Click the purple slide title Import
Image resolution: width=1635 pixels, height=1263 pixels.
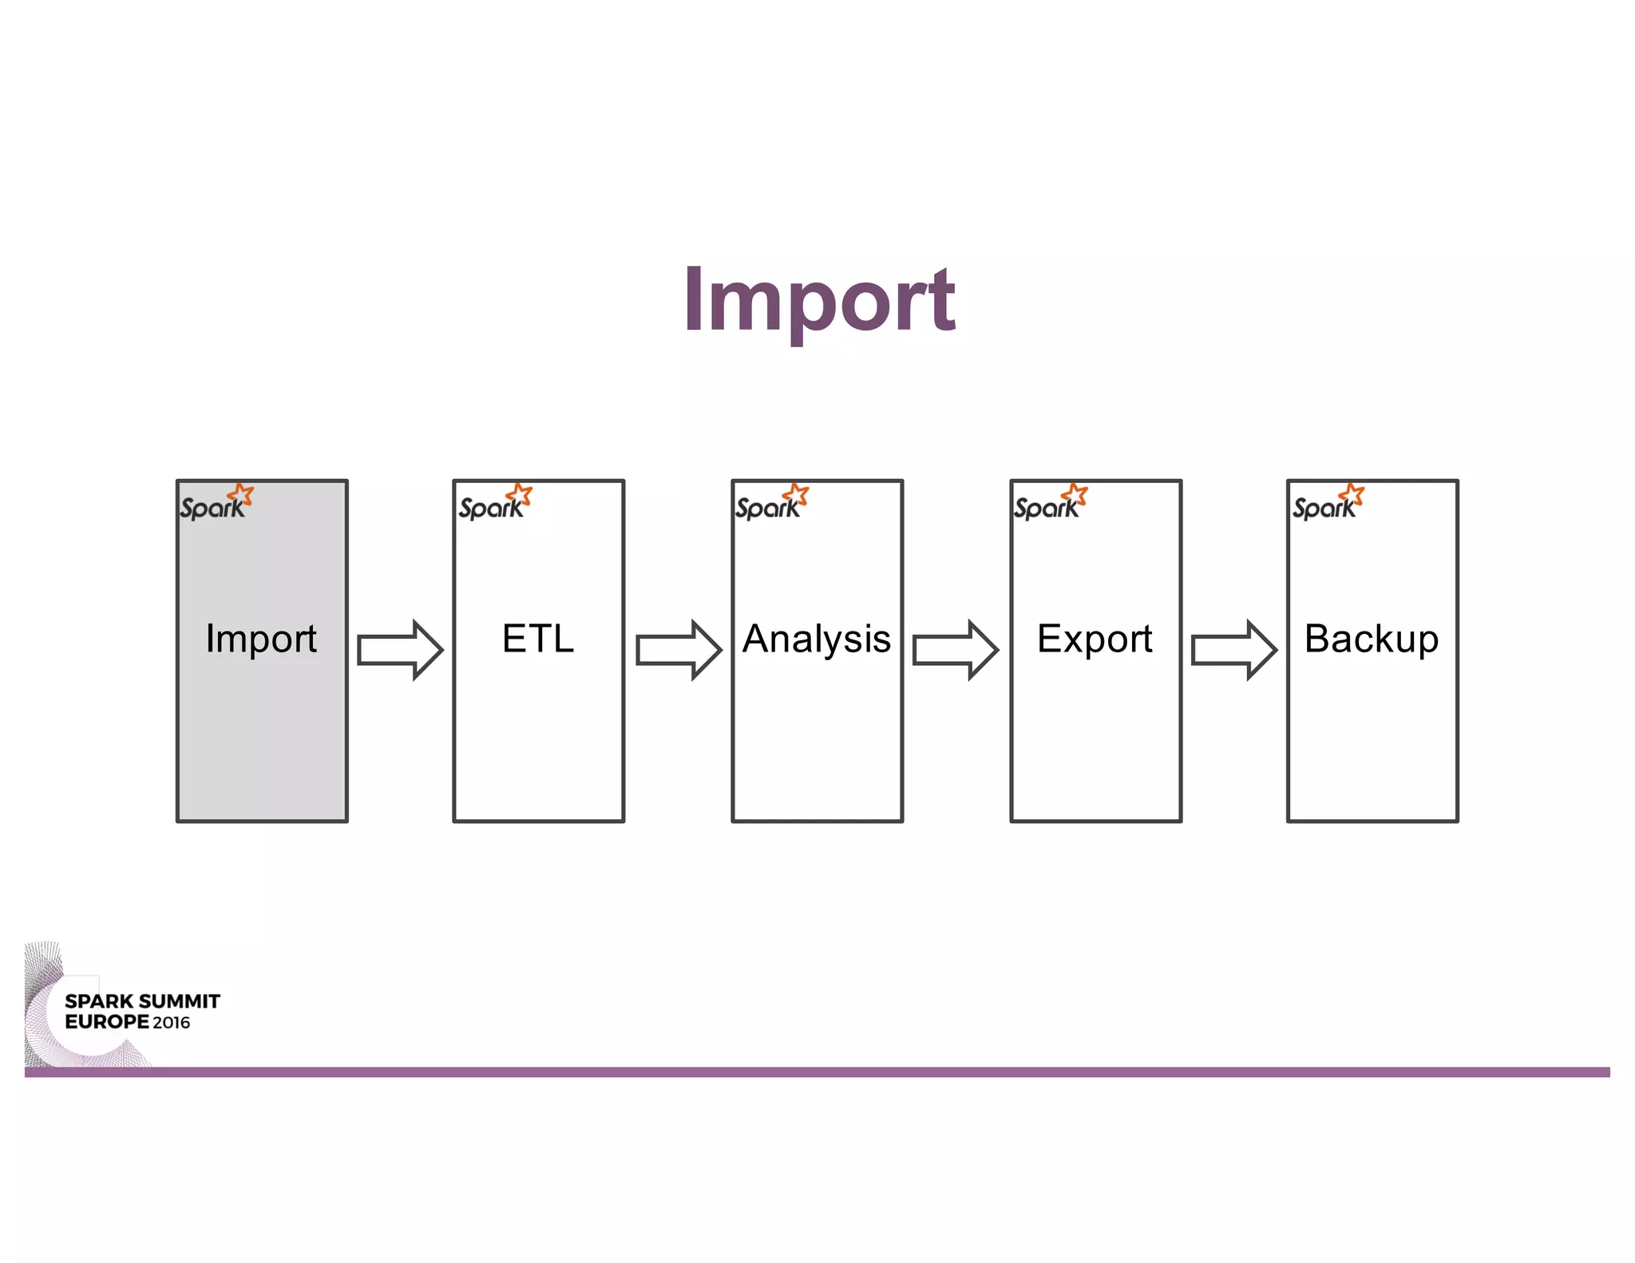[819, 300]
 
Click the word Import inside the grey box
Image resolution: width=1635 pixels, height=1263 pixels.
[261, 639]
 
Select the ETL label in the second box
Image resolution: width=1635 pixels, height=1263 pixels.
[538, 639]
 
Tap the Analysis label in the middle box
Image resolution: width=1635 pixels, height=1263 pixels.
[816, 639]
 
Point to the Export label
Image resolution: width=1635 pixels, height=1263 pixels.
[1095, 639]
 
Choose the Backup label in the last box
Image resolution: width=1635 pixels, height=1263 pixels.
[1372, 639]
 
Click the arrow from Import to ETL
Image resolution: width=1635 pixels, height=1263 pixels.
[399, 650]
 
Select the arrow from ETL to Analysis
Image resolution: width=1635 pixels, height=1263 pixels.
[678, 650]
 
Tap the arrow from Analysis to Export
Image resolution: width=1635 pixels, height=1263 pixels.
[955, 650]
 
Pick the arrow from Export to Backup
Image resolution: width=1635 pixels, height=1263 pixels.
[1233, 650]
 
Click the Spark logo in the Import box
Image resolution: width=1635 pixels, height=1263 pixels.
[216, 503]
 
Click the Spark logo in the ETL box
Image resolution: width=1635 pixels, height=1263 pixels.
[494, 503]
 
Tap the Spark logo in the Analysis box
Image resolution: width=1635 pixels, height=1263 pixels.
[771, 503]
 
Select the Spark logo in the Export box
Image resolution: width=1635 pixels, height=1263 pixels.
[1050, 503]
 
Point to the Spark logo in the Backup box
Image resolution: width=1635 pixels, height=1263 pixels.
[1328, 503]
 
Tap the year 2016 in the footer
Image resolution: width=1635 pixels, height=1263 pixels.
[172, 1023]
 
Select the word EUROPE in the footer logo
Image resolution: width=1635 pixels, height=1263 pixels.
[107, 1022]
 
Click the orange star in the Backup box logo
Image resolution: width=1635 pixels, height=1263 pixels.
[1352, 494]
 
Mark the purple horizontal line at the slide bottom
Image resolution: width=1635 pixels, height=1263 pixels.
[817, 1071]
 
